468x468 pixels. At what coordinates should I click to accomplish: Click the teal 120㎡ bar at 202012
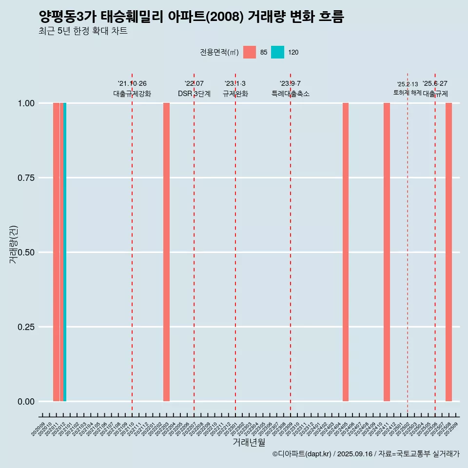tap(65, 252)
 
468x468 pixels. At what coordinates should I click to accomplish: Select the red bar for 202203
tap(166, 252)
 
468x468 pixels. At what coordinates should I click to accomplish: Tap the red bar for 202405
tap(346, 252)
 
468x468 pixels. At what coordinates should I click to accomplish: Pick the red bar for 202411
tap(387, 252)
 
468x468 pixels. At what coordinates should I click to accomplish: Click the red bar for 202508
tap(448, 252)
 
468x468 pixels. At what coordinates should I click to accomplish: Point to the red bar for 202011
tap(56, 252)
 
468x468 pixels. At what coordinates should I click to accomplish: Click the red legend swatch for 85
tap(250, 52)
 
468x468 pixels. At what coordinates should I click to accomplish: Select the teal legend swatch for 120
tap(277, 52)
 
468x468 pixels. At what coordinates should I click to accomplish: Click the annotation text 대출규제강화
tap(132, 94)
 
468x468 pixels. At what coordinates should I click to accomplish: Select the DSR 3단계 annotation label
tap(194, 94)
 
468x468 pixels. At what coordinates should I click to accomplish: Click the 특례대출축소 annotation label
tap(291, 94)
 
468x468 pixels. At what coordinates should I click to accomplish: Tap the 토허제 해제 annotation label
tap(407, 93)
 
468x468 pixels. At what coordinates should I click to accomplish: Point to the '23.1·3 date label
tap(235, 84)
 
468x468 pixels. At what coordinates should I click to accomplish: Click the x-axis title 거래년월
tap(249, 443)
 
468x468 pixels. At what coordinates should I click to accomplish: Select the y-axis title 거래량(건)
tap(14, 244)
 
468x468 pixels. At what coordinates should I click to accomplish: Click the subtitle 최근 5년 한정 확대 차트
tap(83, 31)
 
